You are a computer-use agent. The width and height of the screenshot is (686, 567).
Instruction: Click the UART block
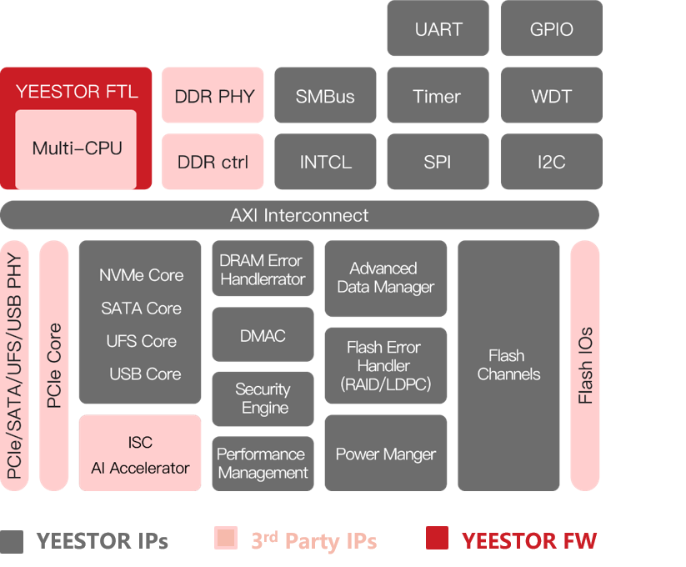coord(438,29)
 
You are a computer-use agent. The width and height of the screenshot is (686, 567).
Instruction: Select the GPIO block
coord(551,29)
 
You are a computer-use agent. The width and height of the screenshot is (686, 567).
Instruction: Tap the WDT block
coord(551,96)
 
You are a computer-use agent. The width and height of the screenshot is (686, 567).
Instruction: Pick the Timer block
coord(438,96)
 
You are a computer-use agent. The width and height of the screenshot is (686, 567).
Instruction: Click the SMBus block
coord(325,96)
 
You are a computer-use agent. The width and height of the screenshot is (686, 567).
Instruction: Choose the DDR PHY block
coord(213,96)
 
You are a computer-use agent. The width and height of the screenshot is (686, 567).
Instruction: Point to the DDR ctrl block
coord(213,162)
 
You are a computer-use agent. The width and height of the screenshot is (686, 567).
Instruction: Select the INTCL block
coord(325,162)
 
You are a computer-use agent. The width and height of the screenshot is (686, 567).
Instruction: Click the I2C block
coord(551,162)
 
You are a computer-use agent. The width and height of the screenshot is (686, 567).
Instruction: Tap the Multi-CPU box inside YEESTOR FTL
coord(76,148)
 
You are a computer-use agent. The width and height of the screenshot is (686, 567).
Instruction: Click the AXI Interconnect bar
coord(299,215)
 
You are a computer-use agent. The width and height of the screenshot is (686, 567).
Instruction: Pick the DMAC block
coord(263,335)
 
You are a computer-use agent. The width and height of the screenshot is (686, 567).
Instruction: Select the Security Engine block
coord(263,399)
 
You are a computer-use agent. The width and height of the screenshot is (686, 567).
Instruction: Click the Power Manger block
coord(385,454)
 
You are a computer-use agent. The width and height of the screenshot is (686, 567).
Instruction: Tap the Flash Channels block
coord(508,365)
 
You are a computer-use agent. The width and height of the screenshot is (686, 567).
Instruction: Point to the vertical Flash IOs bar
coord(585,365)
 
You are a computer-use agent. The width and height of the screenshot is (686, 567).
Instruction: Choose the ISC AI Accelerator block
coord(140,454)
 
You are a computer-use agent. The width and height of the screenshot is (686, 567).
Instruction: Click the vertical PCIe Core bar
coord(54,365)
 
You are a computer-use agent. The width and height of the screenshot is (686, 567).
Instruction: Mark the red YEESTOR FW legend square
coord(437,539)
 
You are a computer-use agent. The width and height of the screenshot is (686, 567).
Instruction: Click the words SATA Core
coord(141,309)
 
